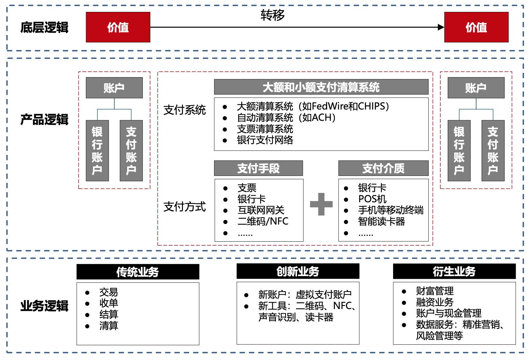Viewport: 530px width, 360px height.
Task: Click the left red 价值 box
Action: (x=118, y=27)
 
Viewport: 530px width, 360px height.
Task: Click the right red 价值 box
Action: (x=476, y=27)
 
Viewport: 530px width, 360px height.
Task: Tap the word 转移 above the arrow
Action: (x=272, y=15)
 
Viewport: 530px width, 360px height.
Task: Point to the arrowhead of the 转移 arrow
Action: (x=441, y=27)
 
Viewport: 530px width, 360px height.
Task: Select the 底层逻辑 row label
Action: (x=44, y=27)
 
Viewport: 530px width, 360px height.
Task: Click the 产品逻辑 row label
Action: (x=44, y=120)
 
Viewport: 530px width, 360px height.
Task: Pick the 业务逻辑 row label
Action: (x=44, y=306)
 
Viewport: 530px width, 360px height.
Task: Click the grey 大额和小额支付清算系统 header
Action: (x=321, y=87)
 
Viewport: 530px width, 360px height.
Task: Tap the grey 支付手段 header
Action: (x=258, y=168)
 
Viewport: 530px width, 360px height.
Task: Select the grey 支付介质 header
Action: (x=383, y=168)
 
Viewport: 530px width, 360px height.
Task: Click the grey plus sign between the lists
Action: (x=321, y=204)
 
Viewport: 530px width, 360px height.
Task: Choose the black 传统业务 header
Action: (x=138, y=272)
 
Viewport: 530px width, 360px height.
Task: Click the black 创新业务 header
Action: (x=298, y=271)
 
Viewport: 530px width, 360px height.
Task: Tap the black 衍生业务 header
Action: (x=454, y=271)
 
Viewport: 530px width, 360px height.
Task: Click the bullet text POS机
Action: (x=372, y=199)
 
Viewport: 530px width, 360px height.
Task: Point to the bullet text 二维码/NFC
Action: (x=263, y=221)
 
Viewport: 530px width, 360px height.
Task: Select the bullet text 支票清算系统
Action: (x=265, y=129)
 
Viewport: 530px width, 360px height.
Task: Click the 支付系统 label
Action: (x=184, y=110)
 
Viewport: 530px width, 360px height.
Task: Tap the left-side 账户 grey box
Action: (x=114, y=88)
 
